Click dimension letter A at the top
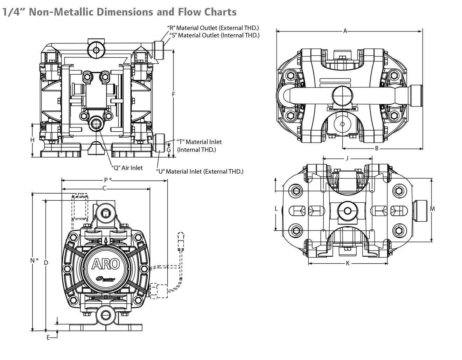point(345,31)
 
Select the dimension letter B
point(377,148)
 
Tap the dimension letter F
point(174,94)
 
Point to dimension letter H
point(32,140)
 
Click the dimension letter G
point(168,150)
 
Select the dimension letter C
point(104,188)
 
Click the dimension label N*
point(34,261)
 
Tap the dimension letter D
point(46,262)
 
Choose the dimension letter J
point(347,158)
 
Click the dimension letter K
point(348,263)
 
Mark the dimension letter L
point(276,209)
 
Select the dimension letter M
point(432,209)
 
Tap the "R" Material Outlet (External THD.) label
point(213,28)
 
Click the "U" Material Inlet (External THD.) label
point(199,172)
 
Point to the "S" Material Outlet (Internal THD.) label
point(214,35)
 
